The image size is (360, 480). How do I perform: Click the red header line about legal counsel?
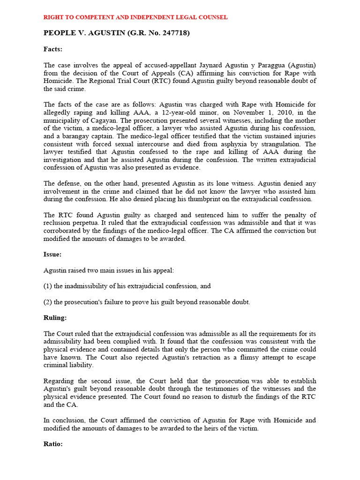(135, 17)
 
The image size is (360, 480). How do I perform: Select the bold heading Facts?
(53, 49)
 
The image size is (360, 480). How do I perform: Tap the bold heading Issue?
(52, 255)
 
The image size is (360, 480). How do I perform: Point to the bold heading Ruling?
(55, 318)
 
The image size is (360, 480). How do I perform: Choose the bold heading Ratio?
(53, 443)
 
